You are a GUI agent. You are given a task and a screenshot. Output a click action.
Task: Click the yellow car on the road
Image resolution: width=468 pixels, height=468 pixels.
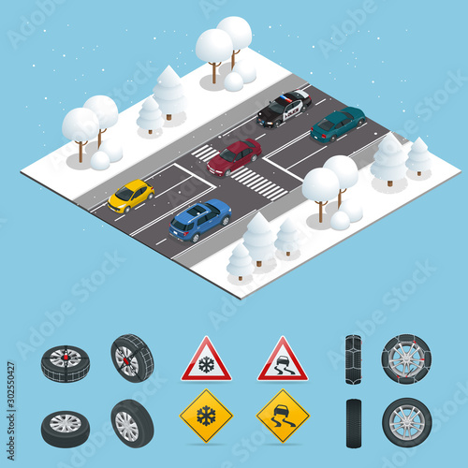130,195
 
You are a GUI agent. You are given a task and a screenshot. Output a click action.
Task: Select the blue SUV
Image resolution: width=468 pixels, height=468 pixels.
199,220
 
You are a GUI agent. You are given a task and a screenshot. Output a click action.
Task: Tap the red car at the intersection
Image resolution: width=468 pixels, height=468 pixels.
234,156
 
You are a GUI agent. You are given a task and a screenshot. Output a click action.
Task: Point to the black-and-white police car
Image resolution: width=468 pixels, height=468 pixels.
284,108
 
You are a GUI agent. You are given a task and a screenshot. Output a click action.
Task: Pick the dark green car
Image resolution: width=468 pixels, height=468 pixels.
337,124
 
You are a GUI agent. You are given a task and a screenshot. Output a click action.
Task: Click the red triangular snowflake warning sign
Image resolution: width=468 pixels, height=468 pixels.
206,361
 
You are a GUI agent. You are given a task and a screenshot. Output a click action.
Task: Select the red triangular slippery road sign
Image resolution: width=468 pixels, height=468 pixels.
282,361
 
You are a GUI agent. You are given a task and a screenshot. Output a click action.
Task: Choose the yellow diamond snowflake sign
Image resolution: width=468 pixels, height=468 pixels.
206,415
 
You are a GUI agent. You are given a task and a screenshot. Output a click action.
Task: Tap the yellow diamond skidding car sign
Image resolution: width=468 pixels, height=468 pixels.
282,415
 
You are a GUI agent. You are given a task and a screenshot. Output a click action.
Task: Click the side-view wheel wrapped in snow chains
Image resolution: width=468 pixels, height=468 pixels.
406,359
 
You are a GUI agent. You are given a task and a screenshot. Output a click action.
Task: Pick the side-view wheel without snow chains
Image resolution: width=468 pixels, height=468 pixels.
406,422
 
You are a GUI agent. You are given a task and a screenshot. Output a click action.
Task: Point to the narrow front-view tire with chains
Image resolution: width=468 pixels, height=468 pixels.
353,359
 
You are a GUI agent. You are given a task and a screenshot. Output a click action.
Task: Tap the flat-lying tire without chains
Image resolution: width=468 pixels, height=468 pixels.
66,428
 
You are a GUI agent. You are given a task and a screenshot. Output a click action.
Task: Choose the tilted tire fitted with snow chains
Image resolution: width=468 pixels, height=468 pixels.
131,358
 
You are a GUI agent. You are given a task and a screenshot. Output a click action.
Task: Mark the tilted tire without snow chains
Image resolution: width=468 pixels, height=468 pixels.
131,423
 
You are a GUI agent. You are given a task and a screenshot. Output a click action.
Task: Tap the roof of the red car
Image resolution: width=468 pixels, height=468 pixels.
238,150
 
